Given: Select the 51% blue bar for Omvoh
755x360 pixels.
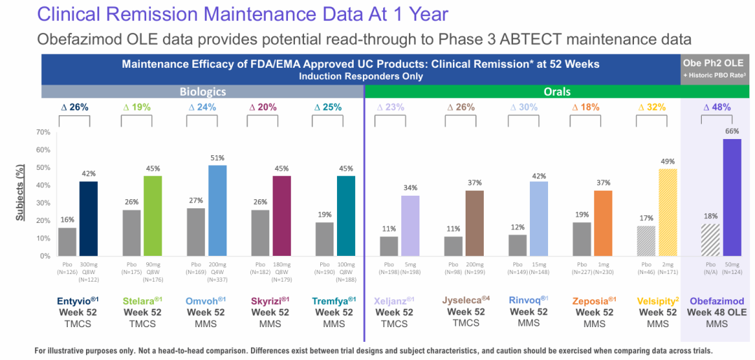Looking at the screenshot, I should coord(218,210).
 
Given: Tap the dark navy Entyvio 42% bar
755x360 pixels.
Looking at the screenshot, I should coord(89,219).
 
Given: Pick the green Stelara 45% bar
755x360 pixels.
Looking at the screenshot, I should coord(153,216).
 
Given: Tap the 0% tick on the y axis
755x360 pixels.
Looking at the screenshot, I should coord(43,256).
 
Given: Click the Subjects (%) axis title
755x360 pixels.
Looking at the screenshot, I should coord(21,194).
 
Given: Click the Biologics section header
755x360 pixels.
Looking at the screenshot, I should coord(203,91).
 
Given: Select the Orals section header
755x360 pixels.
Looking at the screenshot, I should coord(557,91).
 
